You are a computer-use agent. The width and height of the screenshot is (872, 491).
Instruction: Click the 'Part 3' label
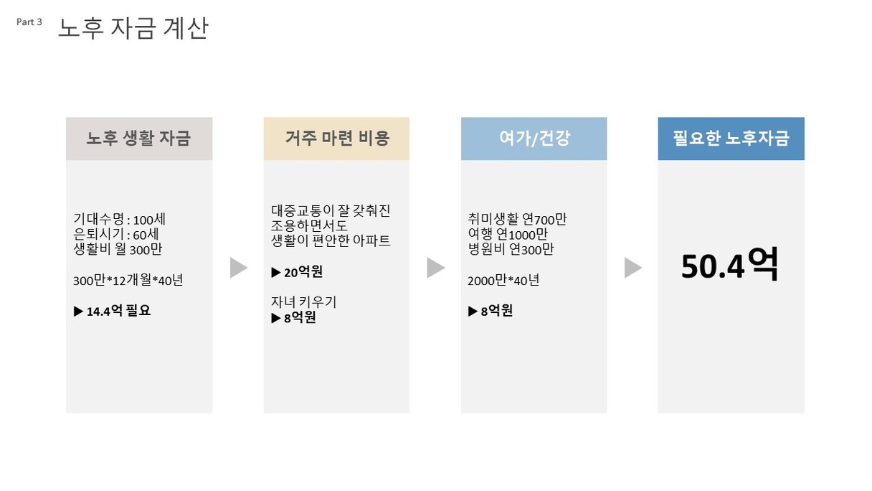click(x=29, y=22)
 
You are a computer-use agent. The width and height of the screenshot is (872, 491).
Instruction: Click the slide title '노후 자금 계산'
click(x=133, y=29)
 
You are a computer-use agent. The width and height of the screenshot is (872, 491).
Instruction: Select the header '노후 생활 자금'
click(x=138, y=139)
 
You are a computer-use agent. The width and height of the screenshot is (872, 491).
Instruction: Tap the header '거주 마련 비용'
click(x=337, y=139)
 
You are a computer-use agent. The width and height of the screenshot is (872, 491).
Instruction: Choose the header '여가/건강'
click(x=534, y=139)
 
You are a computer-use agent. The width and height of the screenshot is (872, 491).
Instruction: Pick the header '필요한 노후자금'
click(x=731, y=139)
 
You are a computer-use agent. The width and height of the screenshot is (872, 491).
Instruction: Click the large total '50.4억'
click(x=729, y=265)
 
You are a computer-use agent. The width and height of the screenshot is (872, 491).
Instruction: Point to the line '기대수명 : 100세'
click(x=120, y=220)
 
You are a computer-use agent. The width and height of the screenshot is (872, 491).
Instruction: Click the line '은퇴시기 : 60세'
click(x=116, y=234)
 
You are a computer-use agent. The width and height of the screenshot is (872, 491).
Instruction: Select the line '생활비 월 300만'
click(x=118, y=249)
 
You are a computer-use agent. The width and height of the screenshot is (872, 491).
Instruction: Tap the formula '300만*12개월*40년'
click(x=128, y=280)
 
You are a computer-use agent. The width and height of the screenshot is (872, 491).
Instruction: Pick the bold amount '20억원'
click(x=303, y=272)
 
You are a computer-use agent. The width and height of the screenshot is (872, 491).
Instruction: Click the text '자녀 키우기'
click(x=303, y=302)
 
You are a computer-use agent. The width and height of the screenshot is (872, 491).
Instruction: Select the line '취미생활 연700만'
click(x=517, y=220)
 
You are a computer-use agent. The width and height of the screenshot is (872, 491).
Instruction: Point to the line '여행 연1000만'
click(x=508, y=234)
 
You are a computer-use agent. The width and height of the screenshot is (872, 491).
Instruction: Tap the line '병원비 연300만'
click(x=511, y=249)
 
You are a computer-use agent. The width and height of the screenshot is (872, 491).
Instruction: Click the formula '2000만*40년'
click(x=503, y=280)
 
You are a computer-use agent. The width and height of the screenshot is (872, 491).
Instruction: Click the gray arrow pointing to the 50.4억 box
click(x=633, y=268)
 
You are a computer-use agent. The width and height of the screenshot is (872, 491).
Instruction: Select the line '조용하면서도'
click(x=309, y=225)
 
